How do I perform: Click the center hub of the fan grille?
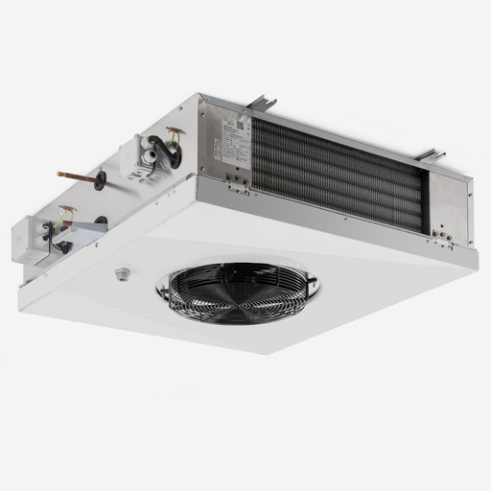(239, 291)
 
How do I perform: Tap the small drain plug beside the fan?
(122, 273)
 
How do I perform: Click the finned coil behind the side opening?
(336, 173)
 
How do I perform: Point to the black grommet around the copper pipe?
(99, 179)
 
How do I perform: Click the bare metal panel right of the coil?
(451, 206)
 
